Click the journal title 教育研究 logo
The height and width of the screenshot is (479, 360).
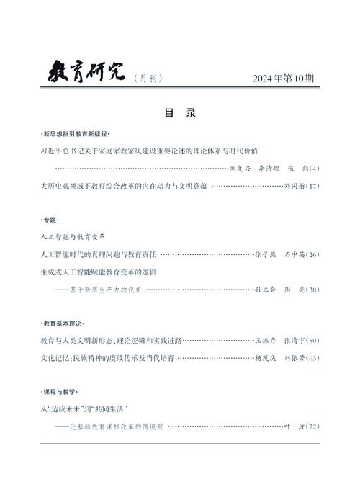86,72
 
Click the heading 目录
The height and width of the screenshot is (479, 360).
180,114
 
